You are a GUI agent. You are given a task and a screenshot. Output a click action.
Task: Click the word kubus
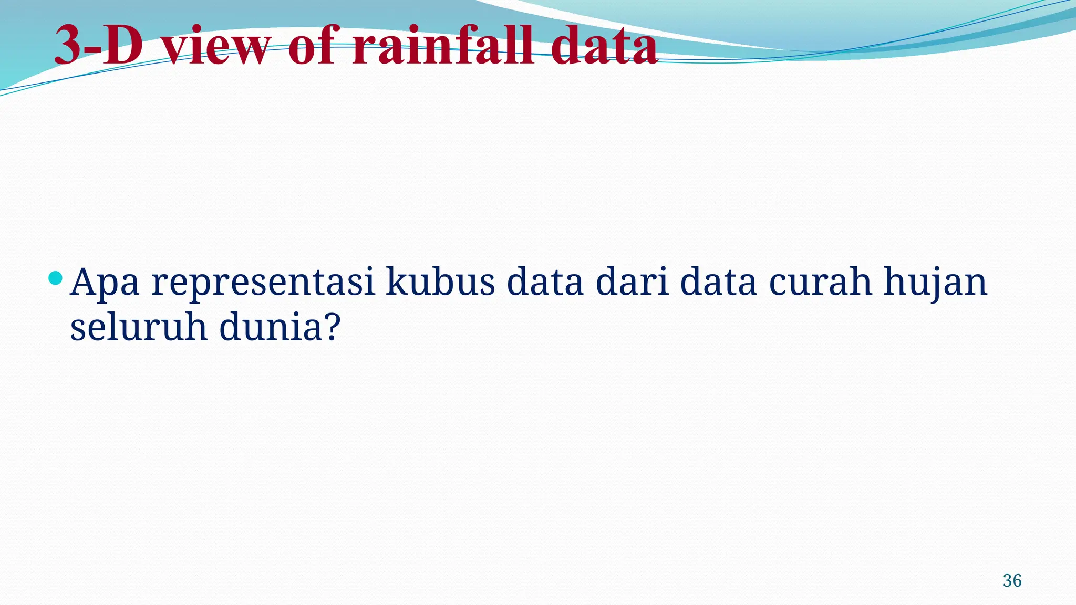(x=440, y=281)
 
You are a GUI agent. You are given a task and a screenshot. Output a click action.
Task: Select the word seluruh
(x=139, y=327)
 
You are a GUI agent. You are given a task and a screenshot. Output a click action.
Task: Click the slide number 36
(x=1012, y=581)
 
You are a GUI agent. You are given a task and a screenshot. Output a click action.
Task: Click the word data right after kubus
(x=545, y=281)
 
